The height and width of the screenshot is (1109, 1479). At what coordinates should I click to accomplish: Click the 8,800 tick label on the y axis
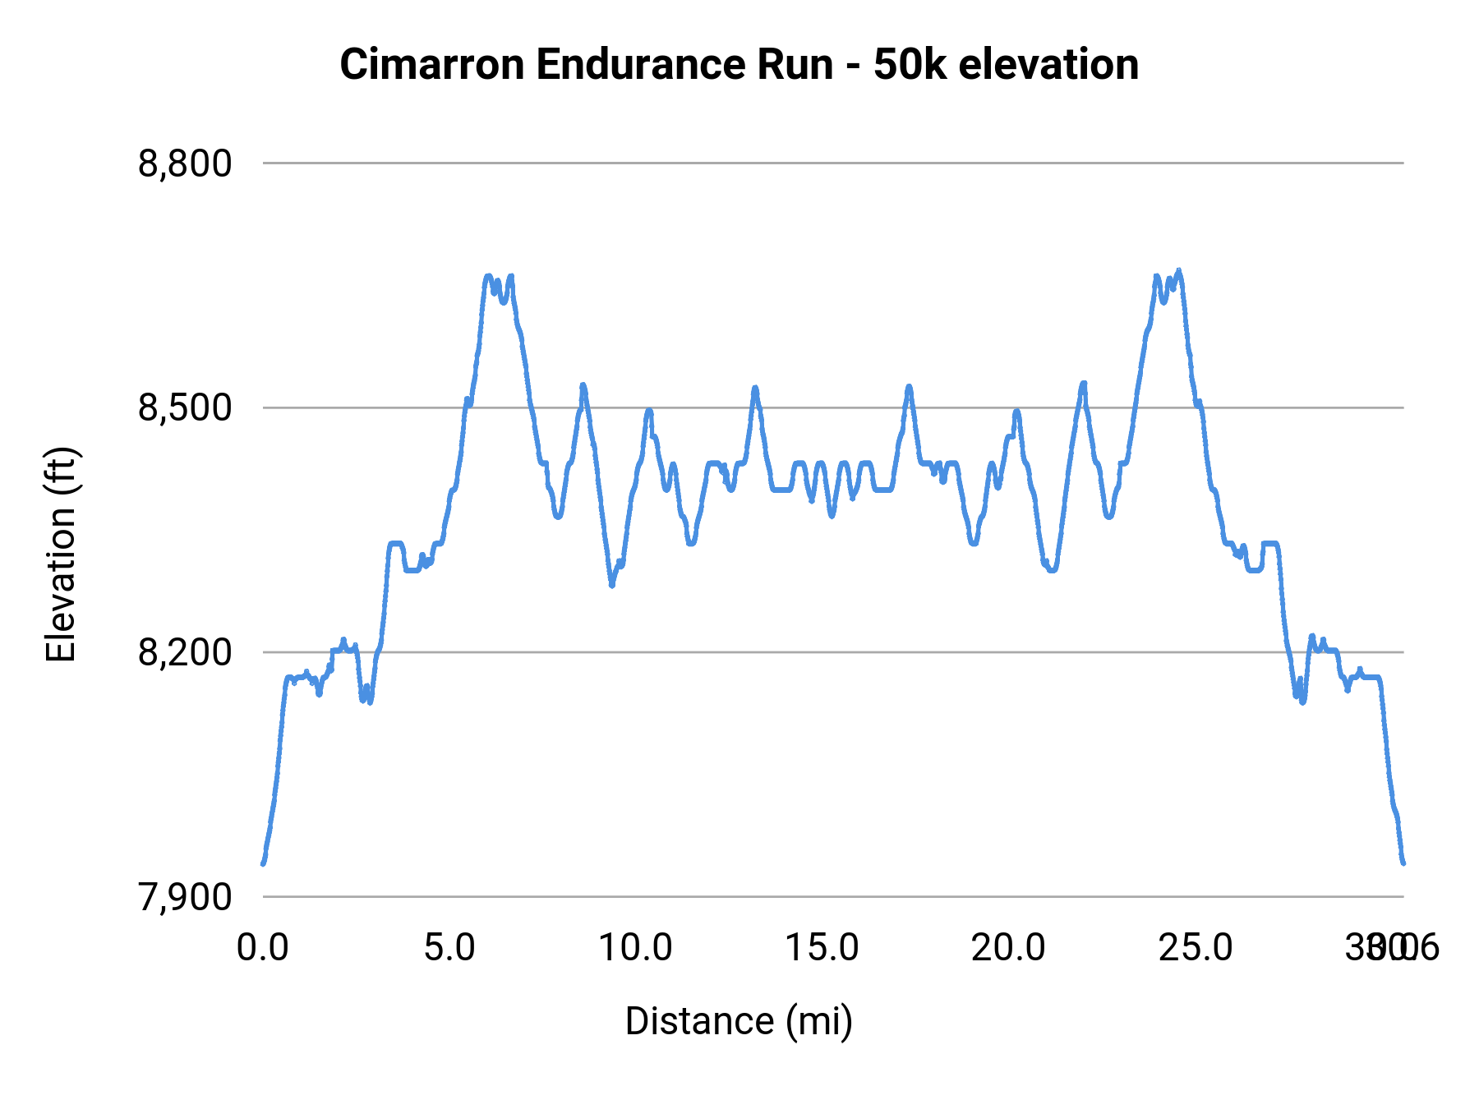(185, 163)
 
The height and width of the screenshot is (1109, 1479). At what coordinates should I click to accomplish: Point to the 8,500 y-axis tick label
(185, 407)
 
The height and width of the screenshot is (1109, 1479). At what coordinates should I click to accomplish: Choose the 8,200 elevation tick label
(185, 652)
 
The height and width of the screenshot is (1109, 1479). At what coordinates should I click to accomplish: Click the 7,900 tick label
(185, 897)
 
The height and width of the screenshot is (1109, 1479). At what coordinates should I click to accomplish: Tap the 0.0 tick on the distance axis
(263, 948)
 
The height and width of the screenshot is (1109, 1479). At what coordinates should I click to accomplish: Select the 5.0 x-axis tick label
(449, 948)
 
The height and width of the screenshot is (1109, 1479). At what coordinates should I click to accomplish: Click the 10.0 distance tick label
(635, 948)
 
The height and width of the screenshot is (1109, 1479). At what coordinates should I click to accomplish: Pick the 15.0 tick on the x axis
(822, 948)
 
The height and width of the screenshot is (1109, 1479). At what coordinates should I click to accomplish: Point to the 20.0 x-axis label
(1008, 948)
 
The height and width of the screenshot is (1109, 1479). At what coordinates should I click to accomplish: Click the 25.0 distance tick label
(1195, 948)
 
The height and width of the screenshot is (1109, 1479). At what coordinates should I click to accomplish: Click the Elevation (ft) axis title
(61, 554)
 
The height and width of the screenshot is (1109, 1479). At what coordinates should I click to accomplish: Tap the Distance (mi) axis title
(739, 1021)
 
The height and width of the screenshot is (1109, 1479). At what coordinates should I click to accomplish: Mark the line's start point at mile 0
(263, 863)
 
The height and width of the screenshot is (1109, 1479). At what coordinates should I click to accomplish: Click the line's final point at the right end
(1403, 863)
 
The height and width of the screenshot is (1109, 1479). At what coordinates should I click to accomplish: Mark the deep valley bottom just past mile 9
(611, 585)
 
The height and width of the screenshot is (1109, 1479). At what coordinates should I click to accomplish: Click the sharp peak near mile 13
(755, 388)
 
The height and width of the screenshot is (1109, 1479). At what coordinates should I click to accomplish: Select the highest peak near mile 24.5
(1179, 270)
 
